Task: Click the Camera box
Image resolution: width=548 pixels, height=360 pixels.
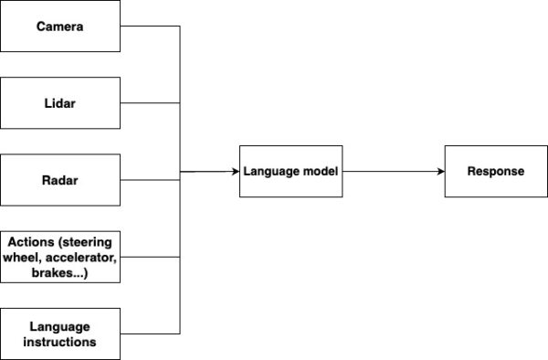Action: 60,26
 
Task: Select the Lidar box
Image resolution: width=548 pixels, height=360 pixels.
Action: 60,102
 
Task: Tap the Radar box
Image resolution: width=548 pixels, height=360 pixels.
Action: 60,180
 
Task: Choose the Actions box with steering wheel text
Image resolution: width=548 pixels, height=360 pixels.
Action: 60,257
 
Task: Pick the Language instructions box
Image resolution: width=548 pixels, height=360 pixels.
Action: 60,334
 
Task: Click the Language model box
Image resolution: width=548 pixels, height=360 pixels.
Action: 290,171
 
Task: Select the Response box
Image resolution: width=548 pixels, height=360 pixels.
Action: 495,171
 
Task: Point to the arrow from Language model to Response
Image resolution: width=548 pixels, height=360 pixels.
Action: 393,171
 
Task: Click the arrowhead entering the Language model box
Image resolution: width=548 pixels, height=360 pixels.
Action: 233,171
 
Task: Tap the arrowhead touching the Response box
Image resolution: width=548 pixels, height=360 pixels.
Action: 439,171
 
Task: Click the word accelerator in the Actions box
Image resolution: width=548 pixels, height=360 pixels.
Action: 77,257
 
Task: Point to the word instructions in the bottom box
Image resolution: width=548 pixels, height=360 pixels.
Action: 60,342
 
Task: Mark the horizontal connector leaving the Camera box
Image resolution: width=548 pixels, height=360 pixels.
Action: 150,26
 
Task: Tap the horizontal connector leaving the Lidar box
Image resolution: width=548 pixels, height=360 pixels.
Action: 150,102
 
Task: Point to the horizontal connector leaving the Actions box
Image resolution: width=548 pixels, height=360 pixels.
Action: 150,257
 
